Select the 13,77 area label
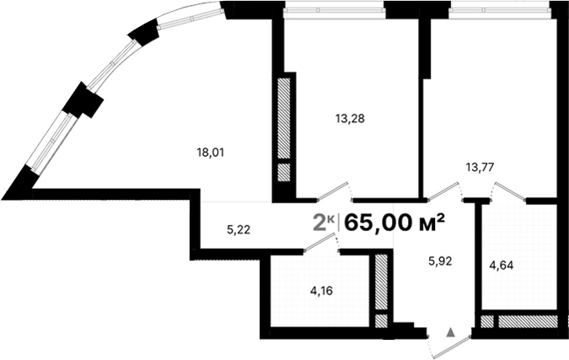480,166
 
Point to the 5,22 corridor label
239,228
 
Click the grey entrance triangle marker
451,332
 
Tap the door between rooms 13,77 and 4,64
508,192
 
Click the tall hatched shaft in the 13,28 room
284,118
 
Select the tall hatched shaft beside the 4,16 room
381,281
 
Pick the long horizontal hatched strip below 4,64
525,321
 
